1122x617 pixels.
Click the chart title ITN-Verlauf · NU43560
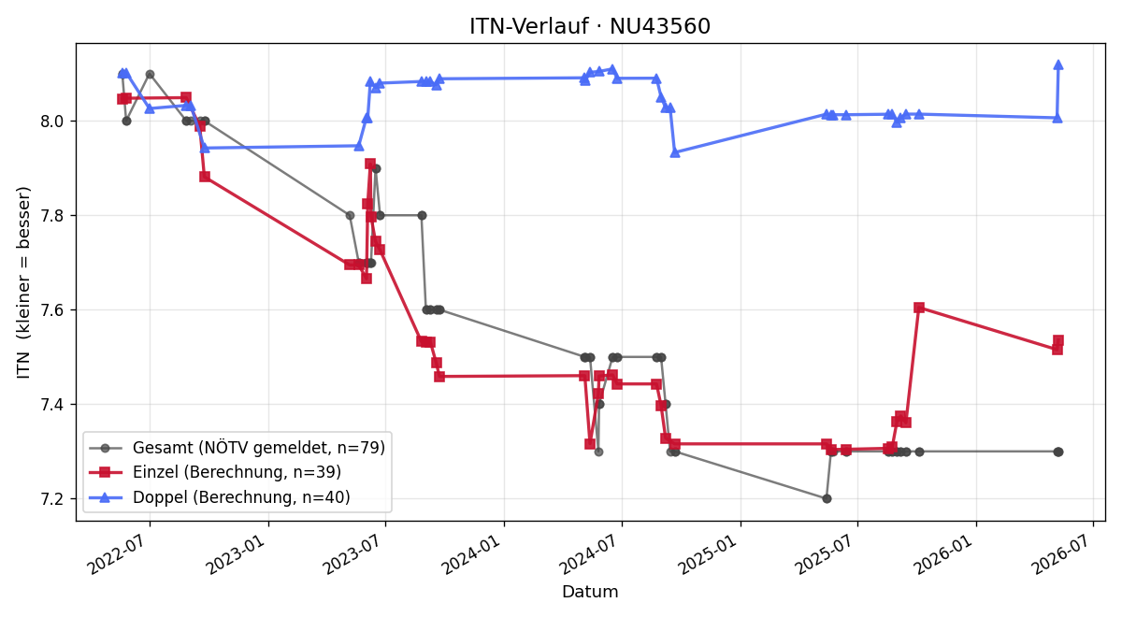coord(590,26)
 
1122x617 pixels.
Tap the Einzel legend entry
coord(215,472)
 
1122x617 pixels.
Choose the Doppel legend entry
coord(220,496)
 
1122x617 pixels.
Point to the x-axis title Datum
coord(590,592)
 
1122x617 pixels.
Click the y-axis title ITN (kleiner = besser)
coord(23,283)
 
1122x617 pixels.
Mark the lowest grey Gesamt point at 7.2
coord(827,499)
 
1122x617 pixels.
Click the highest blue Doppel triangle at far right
coord(1058,65)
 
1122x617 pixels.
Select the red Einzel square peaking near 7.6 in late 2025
coord(919,308)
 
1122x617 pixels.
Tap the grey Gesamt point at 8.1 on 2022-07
coord(150,74)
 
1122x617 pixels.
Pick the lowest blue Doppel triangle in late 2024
coord(675,152)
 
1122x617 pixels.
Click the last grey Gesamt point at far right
coord(1058,452)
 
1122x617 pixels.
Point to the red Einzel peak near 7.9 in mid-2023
coord(370,164)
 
